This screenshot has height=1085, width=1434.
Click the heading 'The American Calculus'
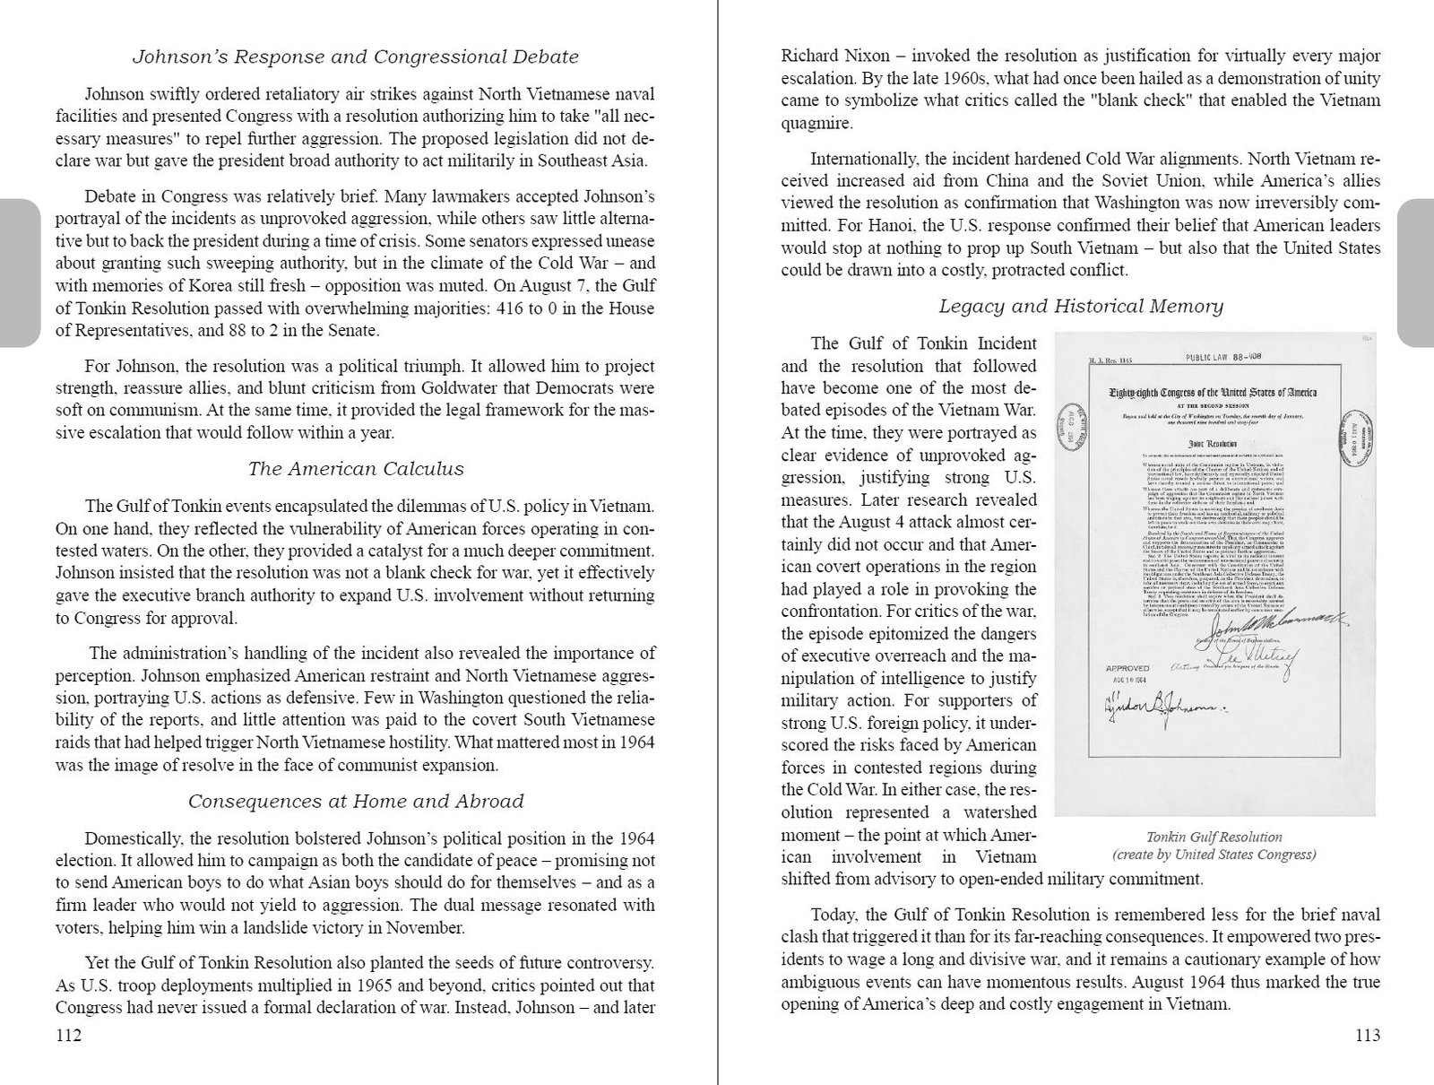pyautogui.click(x=355, y=469)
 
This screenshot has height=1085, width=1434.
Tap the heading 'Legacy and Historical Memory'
pyautogui.click(x=1080, y=307)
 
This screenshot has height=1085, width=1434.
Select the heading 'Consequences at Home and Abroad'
pyautogui.click(x=355, y=802)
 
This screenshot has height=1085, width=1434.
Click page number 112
pyautogui.click(x=69, y=1037)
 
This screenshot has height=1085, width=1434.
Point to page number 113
pyautogui.click(x=1367, y=1037)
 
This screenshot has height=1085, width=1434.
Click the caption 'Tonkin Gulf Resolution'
pyautogui.click(x=1214, y=838)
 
